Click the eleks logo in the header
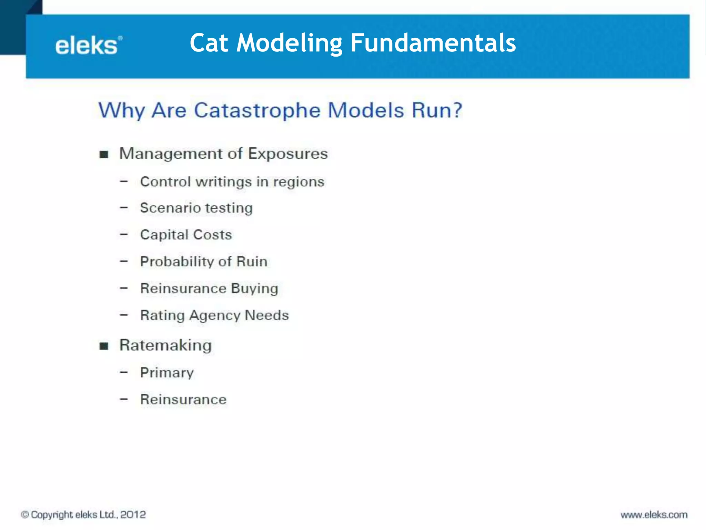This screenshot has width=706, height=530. click(88, 46)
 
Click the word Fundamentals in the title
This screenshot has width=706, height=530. click(433, 43)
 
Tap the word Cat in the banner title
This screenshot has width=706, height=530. click(209, 43)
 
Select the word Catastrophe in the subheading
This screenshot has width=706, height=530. click(257, 110)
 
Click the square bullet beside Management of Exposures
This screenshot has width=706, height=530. click(104, 154)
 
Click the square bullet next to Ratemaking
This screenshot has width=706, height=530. click(104, 346)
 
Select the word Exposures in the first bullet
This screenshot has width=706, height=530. click(288, 154)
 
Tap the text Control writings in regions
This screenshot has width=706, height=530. click(232, 182)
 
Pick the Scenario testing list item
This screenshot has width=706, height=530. click(196, 208)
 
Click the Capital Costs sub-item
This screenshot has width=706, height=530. click(186, 235)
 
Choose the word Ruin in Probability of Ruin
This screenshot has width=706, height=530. click(252, 262)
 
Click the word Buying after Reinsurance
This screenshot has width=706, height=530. click(254, 288)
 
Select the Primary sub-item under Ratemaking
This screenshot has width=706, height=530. click(167, 373)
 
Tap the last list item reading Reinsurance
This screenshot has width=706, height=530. click(183, 400)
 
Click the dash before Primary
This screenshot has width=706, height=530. click(124, 372)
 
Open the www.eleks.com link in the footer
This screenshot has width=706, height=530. click(654, 515)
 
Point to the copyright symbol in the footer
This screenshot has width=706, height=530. click(25, 514)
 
